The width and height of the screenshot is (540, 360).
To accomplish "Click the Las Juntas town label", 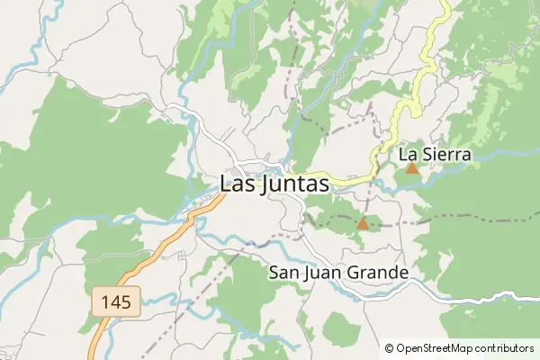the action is pyautogui.click(x=274, y=183).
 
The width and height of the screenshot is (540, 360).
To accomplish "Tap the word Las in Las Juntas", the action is pyautogui.click(x=238, y=183).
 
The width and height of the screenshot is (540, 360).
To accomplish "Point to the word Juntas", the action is pyautogui.click(x=294, y=183).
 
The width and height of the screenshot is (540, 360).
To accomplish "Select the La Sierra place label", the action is pyautogui.click(x=434, y=155).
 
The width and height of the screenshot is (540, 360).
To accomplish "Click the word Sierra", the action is pyautogui.click(x=445, y=155).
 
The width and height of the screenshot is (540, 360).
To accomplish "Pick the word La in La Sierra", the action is pyautogui.click(x=407, y=155).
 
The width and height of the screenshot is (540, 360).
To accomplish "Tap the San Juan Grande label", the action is pyautogui.click(x=338, y=273).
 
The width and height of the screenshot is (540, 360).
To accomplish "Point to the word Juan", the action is pyautogui.click(x=327, y=273).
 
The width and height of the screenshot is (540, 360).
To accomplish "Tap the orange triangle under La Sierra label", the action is pyautogui.click(x=411, y=167).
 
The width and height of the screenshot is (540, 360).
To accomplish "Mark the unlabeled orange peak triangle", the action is pyautogui.click(x=363, y=222).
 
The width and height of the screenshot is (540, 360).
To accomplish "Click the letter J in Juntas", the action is pyautogui.click(x=263, y=183).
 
